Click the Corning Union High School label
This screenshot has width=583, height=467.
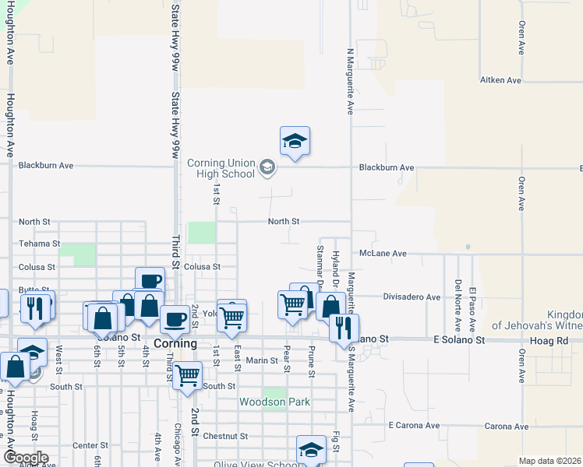coord(221,168)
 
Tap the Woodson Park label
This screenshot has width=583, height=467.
coord(274,402)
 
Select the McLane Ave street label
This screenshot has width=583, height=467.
coord(383,254)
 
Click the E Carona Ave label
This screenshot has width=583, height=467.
coord(414,427)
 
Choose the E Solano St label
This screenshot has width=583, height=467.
coord(459,340)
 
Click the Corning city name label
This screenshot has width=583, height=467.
coord(175,342)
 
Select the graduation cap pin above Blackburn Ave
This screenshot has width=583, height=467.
coord(295,142)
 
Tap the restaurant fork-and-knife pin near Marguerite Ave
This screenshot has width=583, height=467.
coord(344,327)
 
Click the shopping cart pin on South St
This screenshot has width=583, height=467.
coord(188,375)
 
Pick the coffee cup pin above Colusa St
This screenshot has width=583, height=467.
coord(150,281)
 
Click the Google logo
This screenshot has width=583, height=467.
coord(25,457)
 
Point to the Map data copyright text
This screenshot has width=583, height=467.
coord(549,461)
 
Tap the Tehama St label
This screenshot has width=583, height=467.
coord(39,244)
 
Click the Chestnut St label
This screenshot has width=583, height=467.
coord(225,437)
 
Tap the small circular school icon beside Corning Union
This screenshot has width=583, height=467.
coord(267,167)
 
